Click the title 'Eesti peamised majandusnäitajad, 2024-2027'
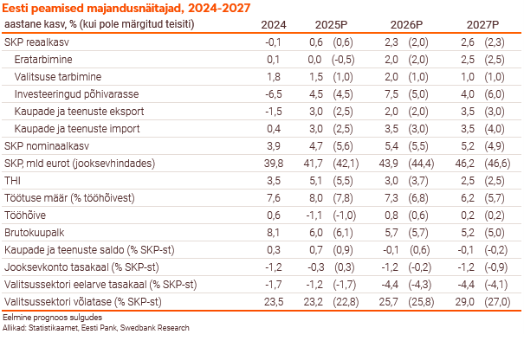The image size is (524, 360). point(127,8)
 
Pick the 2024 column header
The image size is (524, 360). point(274,24)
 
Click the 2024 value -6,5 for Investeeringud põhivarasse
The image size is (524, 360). point(273,93)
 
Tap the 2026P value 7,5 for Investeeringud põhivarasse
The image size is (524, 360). point(392,93)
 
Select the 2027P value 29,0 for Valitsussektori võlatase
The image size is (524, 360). point(466,301)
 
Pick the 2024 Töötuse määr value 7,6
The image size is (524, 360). point(273,197)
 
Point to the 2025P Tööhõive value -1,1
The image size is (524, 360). point(316,215)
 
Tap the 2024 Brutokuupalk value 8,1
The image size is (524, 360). point(273,232)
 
